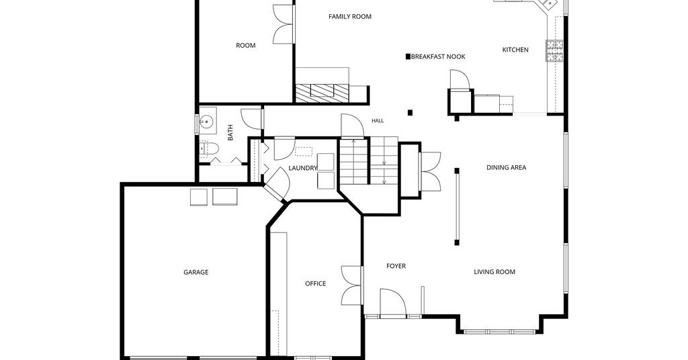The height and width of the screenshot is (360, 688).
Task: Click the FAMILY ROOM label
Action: pyautogui.click(x=349, y=17)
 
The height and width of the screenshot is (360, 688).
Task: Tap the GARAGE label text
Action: pyautogui.click(x=196, y=272)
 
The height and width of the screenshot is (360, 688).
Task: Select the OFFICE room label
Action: pyautogui.click(x=316, y=283)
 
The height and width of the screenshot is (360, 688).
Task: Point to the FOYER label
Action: pyautogui.click(x=396, y=266)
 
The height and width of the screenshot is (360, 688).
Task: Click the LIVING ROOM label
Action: pyautogui.click(x=494, y=272)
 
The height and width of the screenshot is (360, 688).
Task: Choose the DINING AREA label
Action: pyautogui.click(x=507, y=167)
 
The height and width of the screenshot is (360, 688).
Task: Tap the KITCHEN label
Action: pyautogui.click(x=515, y=50)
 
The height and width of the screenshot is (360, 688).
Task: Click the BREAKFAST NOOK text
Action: pyautogui.click(x=438, y=56)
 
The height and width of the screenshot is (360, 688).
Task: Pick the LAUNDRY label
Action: pyautogui.click(x=303, y=168)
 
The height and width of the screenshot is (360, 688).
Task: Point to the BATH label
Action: pyautogui.click(x=230, y=132)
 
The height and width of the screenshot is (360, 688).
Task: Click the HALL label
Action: pyautogui.click(x=378, y=121)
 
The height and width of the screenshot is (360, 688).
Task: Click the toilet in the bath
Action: pyautogui.click(x=208, y=149)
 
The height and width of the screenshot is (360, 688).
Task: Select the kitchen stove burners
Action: pyautogui.click(x=554, y=50)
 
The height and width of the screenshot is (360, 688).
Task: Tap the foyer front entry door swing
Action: pyautogui.click(x=392, y=302)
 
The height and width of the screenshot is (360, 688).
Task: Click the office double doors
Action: pyautogui.click(x=352, y=285)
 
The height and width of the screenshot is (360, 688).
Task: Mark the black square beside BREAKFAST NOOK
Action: pyautogui.click(x=408, y=56)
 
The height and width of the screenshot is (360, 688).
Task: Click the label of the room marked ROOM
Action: pyautogui.click(x=246, y=46)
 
